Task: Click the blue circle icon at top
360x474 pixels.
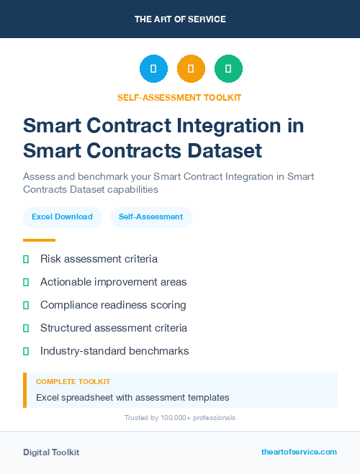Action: tap(153, 68)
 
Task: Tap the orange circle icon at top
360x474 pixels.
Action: tap(191, 68)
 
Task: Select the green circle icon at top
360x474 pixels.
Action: tap(228, 68)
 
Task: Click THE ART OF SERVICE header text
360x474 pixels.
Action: tap(180, 19)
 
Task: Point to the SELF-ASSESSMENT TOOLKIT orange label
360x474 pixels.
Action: tap(179, 97)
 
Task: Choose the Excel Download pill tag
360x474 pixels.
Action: tap(62, 217)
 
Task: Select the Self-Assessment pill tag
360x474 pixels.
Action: tap(150, 217)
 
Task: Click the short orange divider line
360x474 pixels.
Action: tap(39, 240)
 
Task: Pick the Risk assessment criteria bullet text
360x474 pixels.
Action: tap(99, 259)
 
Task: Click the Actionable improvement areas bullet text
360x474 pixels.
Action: tap(113, 282)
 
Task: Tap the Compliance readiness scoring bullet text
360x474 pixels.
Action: tap(113, 305)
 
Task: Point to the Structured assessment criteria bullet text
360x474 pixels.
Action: tap(114, 328)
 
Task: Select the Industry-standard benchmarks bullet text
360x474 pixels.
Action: tap(114, 351)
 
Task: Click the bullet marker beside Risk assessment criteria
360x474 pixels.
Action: tap(26, 259)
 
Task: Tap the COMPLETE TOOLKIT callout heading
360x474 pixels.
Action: tap(73, 382)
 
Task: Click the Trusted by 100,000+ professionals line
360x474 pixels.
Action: tap(179, 418)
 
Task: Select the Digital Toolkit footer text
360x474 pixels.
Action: tap(51, 452)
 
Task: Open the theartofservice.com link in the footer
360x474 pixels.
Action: tap(299, 452)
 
